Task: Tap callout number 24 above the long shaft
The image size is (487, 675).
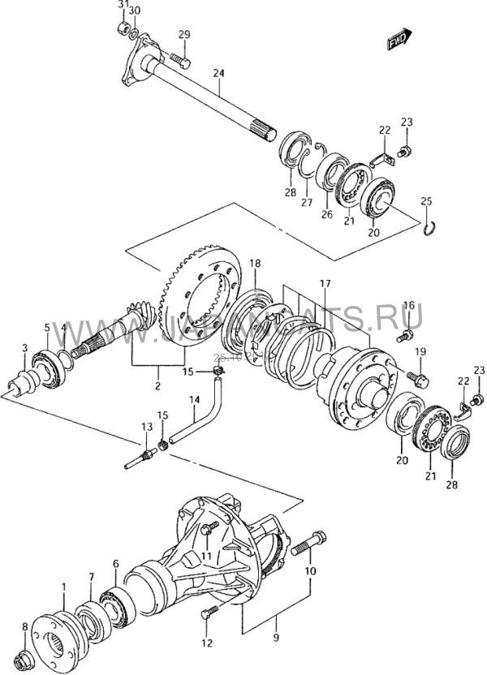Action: pos(218,74)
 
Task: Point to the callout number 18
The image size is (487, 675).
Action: pos(255,264)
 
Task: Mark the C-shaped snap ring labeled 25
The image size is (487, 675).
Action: pos(432,229)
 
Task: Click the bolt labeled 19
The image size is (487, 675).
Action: pos(416,377)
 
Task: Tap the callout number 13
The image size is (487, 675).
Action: pos(146,428)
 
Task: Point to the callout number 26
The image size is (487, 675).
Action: pos(326,214)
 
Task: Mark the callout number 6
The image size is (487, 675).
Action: pos(115,563)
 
